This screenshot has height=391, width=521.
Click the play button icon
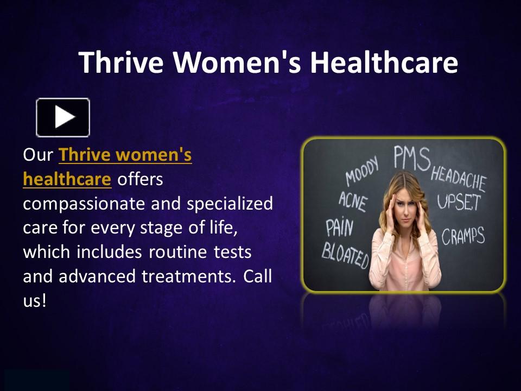[x=63, y=117]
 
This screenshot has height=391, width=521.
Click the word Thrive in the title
[x=120, y=62]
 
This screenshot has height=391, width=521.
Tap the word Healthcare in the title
[x=384, y=62]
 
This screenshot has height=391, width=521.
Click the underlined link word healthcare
[x=67, y=179]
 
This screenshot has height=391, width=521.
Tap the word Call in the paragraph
[x=257, y=276]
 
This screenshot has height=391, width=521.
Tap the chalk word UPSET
[x=459, y=203]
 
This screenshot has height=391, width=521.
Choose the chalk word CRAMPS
[x=463, y=236]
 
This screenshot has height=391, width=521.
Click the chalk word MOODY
[x=362, y=175]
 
